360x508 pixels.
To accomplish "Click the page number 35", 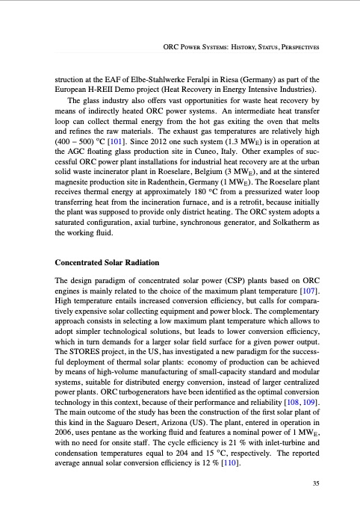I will tap(317, 483).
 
